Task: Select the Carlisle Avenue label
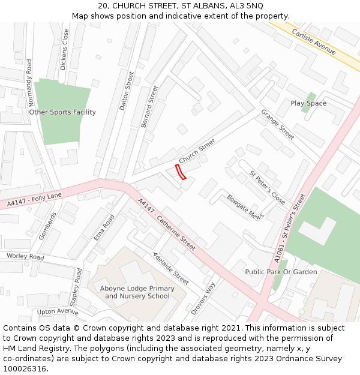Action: [313, 41]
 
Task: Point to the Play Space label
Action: [308, 103]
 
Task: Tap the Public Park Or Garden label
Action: [281, 272]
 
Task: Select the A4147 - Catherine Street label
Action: [167, 224]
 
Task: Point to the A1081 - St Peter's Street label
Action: [291, 227]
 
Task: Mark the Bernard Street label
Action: [149, 106]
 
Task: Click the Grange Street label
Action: [277, 125]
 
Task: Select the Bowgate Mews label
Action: [245, 208]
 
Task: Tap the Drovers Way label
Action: [203, 299]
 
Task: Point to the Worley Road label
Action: [25, 256]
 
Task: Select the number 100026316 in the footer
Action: [25, 368]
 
